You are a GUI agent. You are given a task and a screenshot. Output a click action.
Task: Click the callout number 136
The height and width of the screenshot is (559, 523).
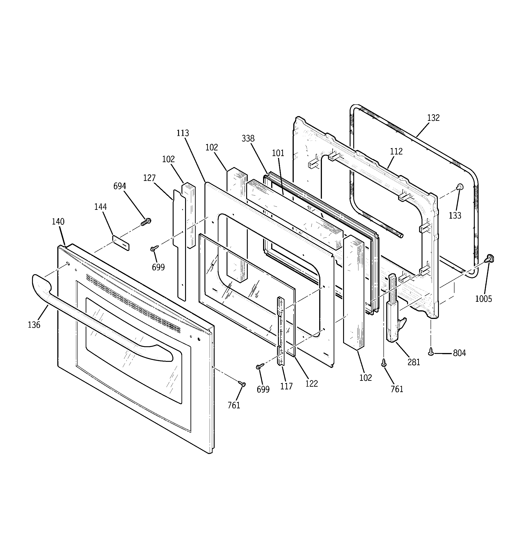pos(34,325)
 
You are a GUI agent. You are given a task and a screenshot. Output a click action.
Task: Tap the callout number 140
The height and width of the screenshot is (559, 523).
pos(58,222)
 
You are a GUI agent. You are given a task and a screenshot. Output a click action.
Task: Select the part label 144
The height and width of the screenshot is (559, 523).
pos(101,207)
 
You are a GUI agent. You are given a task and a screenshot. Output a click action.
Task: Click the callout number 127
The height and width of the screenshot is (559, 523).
pos(149,178)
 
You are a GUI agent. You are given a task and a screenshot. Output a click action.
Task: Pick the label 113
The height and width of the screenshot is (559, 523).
pos(183,133)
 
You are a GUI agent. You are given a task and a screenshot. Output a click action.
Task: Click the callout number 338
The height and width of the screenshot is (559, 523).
pos(248,138)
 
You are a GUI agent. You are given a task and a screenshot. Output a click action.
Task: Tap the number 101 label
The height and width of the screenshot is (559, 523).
pos(278,153)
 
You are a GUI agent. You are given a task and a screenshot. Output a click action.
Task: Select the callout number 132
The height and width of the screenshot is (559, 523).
pos(433,118)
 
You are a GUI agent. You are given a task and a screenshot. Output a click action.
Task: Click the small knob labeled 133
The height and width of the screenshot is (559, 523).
pos(460,187)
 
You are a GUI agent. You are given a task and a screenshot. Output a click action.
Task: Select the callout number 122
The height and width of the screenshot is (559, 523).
pos(312,384)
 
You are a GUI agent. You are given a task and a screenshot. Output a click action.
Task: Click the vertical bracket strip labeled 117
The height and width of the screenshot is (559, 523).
pos(281,332)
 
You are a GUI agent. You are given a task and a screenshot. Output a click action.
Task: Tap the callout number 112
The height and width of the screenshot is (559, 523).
pos(396,152)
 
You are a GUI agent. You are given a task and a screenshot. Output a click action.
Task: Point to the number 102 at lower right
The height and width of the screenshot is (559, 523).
pos(365,378)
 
